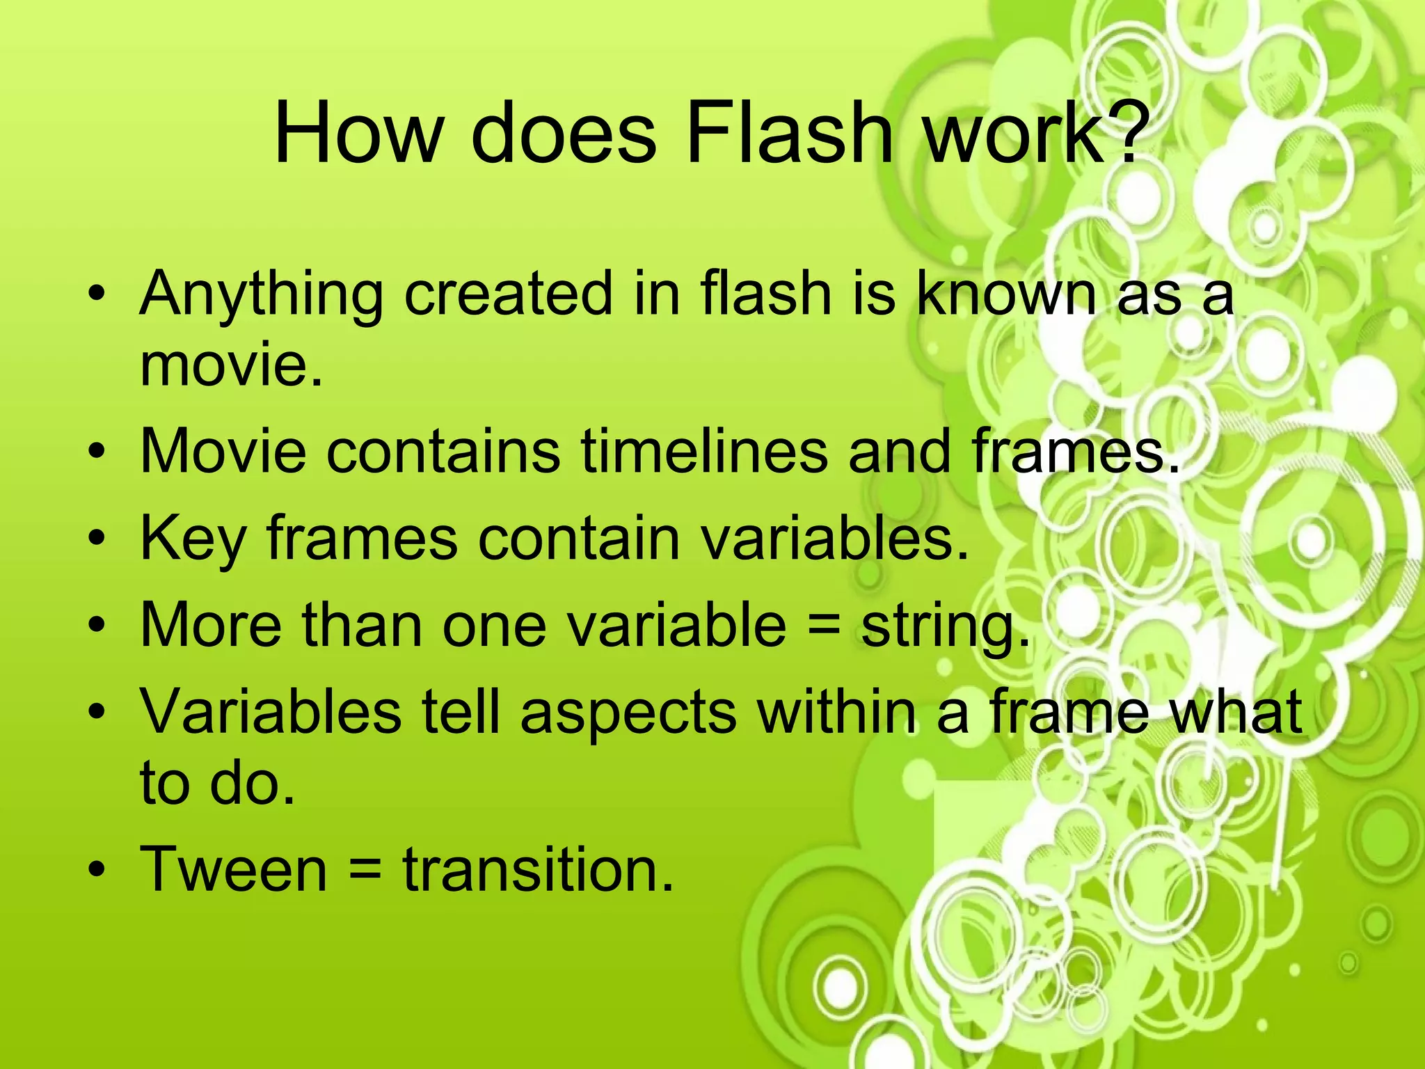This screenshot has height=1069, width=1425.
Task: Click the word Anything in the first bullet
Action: coord(261,295)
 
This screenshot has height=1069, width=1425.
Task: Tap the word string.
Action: coord(945,626)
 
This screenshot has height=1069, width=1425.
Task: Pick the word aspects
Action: coord(628,712)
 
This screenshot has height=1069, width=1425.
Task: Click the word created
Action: coord(509,294)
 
